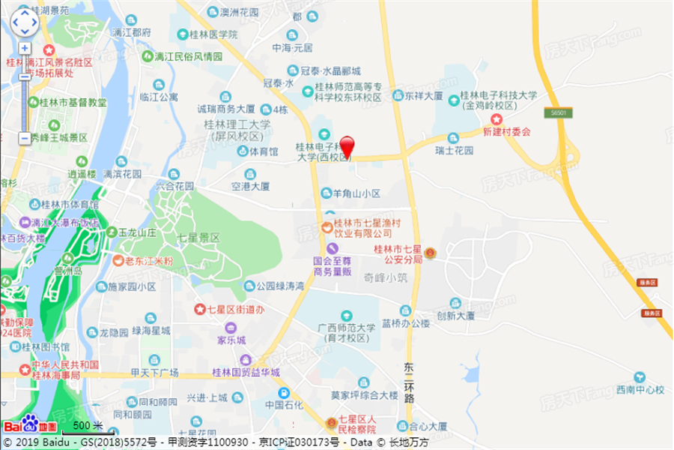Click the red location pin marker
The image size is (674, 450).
[x=347, y=145]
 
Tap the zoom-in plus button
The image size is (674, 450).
[x=25, y=48]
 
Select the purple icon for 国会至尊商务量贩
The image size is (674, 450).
[x=333, y=248]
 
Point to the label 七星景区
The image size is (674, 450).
[x=198, y=237]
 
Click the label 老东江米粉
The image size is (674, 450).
[x=148, y=262]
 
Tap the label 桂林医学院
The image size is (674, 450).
[x=213, y=34]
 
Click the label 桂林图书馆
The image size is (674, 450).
[x=44, y=347]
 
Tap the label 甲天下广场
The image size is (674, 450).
[x=154, y=373]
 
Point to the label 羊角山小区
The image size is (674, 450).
[x=356, y=193]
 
